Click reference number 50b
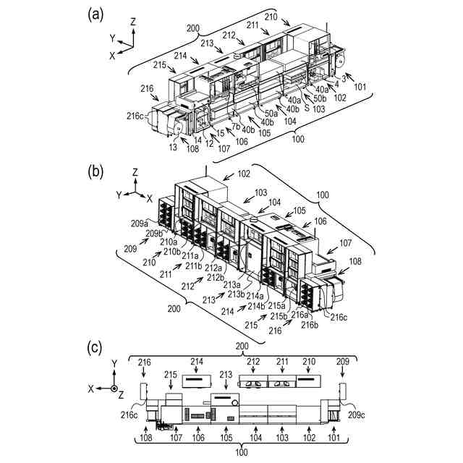(319, 98)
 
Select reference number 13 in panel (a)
(171, 147)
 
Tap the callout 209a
(140, 224)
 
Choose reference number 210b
(171, 251)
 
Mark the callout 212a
(215, 268)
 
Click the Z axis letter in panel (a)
(134, 22)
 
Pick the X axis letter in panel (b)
(148, 197)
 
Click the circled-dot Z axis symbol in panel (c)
(114, 388)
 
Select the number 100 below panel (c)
(242, 452)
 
